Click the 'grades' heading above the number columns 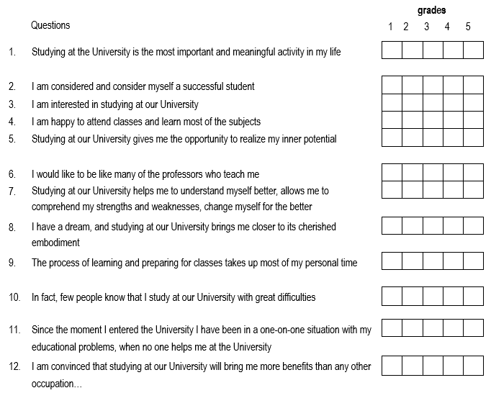431,11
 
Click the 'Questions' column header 50,26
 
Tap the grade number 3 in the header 427,27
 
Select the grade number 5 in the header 468,27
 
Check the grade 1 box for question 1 391,50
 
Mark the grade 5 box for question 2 473,86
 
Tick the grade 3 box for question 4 432,120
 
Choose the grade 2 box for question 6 412,173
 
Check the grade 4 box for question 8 453,226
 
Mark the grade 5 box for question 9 473,261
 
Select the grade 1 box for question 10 391,296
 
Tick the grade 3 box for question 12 432,366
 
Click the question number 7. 12,191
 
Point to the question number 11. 14,330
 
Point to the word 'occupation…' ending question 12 57,384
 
